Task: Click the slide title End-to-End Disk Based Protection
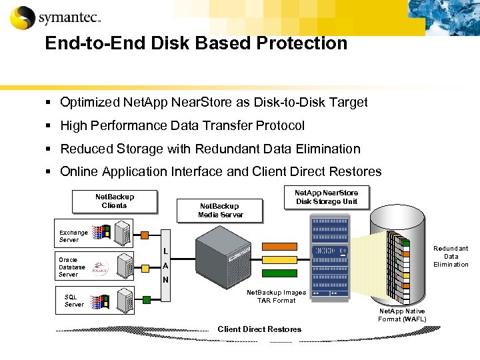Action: pos(196,43)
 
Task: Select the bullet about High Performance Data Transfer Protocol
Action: pos(182,125)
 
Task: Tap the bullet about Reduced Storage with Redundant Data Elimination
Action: pos(210,149)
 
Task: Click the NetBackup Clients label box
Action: pos(115,201)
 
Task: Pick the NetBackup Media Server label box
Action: pos(221,211)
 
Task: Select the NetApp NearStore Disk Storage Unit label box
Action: pos(327,197)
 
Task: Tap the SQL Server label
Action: pos(74,301)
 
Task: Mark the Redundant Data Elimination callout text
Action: pos(451,257)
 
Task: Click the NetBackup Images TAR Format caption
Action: pos(277,296)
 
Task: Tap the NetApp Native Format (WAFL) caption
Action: pos(402,315)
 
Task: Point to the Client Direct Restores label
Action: pos(259,329)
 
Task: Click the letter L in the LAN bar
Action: pos(165,251)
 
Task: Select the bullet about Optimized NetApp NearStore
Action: pos(213,102)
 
